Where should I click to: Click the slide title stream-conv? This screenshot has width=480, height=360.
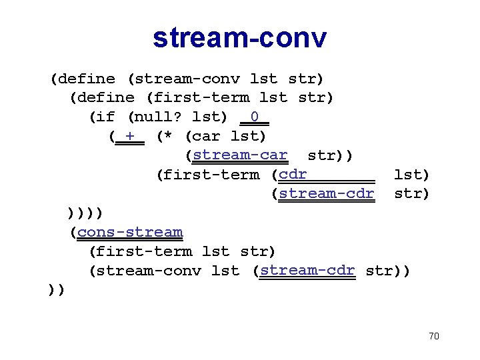(x=240, y=37)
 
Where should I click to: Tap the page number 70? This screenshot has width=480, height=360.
(x=433, y=336)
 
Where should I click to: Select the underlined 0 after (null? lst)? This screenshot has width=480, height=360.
(x=254, y=118)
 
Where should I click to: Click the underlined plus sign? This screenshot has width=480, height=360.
(x=129, y=137)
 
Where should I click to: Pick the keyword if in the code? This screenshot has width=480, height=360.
(x=105, y=117)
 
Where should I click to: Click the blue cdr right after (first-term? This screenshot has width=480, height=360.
(x=293, y=175)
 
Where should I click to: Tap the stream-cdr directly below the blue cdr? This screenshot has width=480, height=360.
(x=327, y=194)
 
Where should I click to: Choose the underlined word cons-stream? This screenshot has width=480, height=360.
(x=129, y=233)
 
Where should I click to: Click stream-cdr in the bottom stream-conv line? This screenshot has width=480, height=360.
(x=307, y=271)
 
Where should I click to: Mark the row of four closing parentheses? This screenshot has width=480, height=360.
(x=85, y=213)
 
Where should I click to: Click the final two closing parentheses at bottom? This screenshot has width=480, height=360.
(x=57, y=290)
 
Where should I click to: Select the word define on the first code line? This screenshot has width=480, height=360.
(x=86, y=79)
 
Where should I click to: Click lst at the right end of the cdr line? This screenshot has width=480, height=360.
(x=411, y=175)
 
